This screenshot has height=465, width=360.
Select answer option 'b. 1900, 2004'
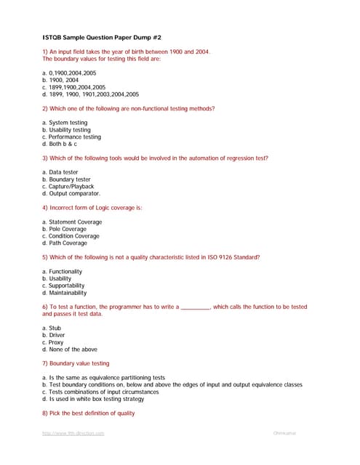point(63,80)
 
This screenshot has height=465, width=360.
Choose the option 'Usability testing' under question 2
point(66,130)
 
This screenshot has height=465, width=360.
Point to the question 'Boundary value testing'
point(76,363)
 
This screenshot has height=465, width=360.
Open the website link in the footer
point(73,433)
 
